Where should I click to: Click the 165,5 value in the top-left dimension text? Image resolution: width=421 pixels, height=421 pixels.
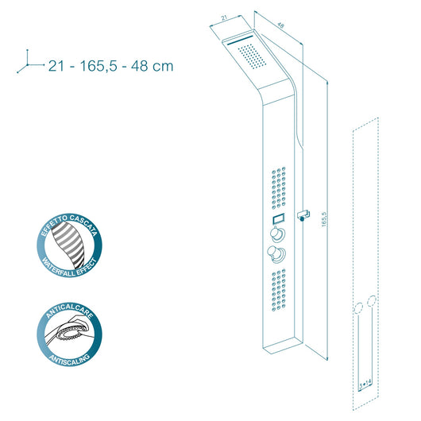pos(98,66)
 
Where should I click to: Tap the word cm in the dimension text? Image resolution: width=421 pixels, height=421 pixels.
pos(163,67)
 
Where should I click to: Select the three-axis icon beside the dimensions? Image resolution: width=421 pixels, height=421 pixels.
pos(31,61)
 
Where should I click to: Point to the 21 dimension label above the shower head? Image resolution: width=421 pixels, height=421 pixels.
pos(224,18)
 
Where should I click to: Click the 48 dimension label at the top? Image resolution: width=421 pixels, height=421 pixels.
pos(280,25)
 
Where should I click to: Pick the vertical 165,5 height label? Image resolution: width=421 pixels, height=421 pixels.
pos(324,219)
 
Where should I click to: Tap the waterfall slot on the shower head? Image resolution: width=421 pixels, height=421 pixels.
pos(240,41)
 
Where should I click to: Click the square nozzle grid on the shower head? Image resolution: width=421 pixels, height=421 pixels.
pos(252,56)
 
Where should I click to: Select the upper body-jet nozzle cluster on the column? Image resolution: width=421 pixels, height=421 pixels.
pos(279,188)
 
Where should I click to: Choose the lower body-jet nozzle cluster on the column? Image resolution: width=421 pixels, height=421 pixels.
pos(279,290)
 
